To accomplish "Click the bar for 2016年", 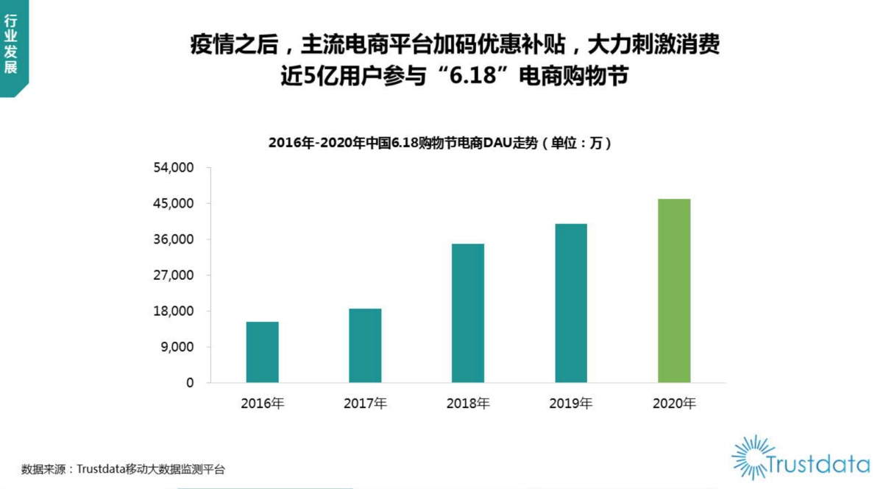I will point(262,352).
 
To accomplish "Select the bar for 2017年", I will point(365,345).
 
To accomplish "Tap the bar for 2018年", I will point(468,313).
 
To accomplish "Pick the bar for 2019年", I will point(571,303).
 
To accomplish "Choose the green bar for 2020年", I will point(674,291).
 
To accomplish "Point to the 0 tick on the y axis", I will point(189,383).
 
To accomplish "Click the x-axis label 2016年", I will point(262,404).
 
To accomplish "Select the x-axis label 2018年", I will point(468,404).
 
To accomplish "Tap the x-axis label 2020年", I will point(674,404).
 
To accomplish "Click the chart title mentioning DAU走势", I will point(440,144).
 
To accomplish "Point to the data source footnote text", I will point(123,469).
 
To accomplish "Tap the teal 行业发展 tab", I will point(11,46).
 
